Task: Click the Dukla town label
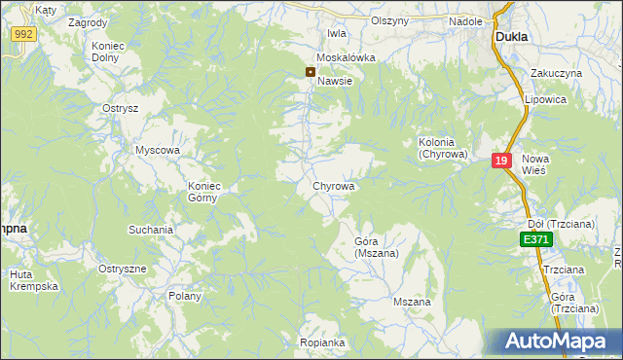click(511, 36)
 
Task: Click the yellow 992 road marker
click(24, 34)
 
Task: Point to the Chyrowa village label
click(333, 185)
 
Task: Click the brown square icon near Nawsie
click(311, 71)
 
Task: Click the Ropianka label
click(323, 342)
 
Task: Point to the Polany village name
click(185, 296)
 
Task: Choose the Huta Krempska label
click(35, 280)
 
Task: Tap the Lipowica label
click(544, 99)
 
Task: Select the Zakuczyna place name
click(556, 73)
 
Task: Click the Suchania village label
click(151, 231)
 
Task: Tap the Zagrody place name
click(89, 21)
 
